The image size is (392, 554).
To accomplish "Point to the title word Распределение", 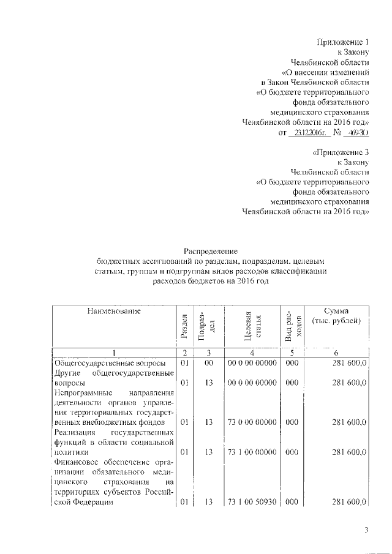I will (x=211, y=251).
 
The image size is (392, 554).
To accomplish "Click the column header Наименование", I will (x=114, y=312).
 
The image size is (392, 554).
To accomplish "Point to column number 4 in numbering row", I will (x=252, y=353).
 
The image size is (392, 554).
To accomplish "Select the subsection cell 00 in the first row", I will (x=208, y=363).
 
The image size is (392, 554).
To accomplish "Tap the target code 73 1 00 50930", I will (x=252, y=502).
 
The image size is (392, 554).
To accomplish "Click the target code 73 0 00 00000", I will (x=252, y=422).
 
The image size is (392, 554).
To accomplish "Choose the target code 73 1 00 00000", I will (x=252, y=452).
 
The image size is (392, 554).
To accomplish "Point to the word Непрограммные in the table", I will (x=80, y=392).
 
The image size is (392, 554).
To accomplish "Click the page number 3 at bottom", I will (x=366, y=530).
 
